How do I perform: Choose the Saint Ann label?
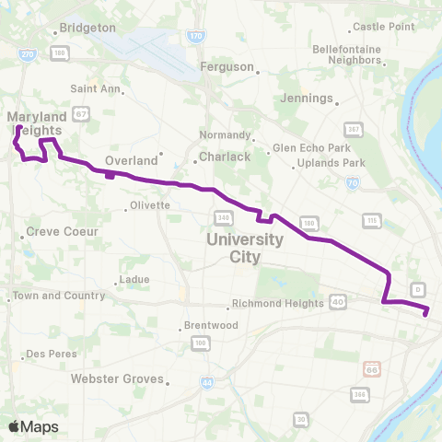click(x=95, y=89)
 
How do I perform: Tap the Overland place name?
click(x=132, y=160)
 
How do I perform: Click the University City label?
click(x=244, y=247)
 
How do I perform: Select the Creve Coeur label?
click(x=62, y=231)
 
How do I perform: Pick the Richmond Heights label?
click(x=276, y=303)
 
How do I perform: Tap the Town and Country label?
click(x=50, y=296)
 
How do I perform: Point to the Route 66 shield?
click(x=370, y=367)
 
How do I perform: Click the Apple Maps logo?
click(x=32, y=426)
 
